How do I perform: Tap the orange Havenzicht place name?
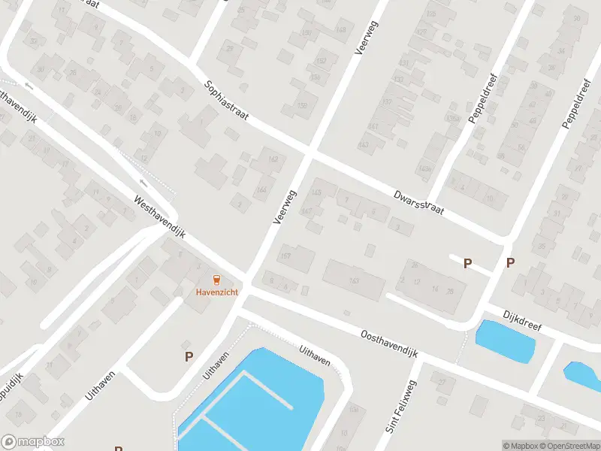(217, 292)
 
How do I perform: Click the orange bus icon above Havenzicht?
(217, 280)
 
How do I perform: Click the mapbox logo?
(32, 442)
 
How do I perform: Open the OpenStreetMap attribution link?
(567, 446)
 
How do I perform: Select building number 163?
(354, 281)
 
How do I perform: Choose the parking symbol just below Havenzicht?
(189, 356)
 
